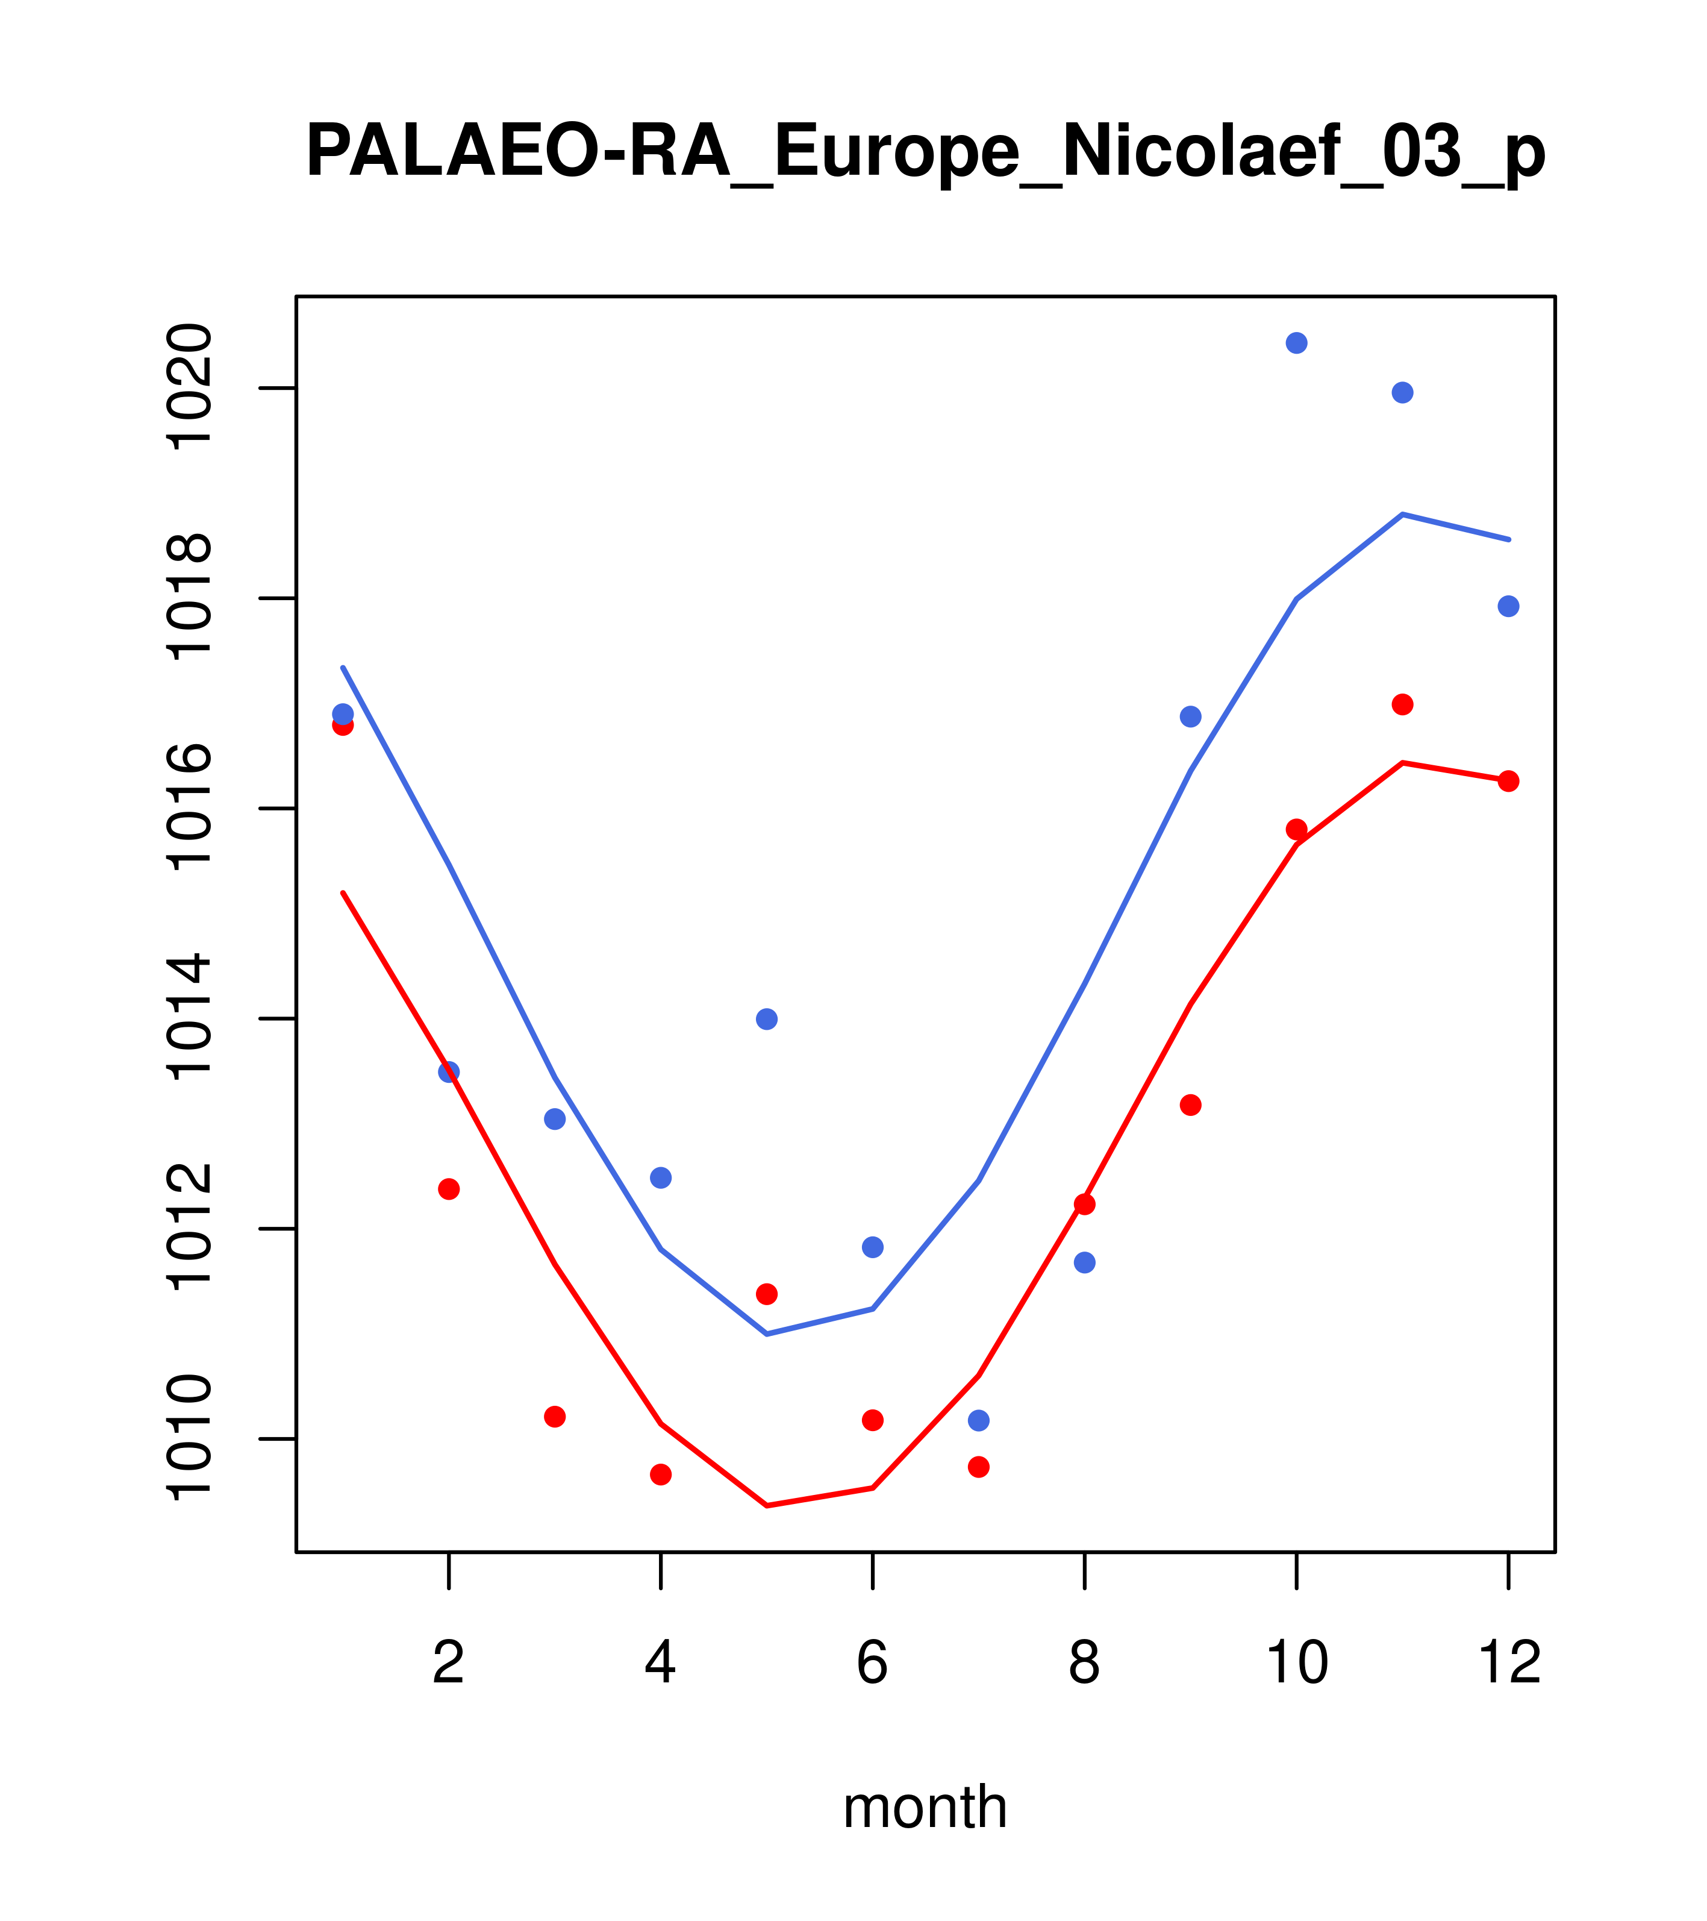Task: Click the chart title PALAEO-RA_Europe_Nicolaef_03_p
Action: [x=925, y=152]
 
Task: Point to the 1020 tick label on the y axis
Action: [x=188, y=387]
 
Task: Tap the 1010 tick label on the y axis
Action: [x=188, y=1439]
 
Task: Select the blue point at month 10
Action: [x=1296, y=343]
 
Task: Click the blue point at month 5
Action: [x=767, y=1019]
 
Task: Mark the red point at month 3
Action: [x=555, y=1416]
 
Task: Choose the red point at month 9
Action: [x=1190, y=1105]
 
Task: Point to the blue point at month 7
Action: [x=979, y=1420]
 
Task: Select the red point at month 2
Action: [x=449, y=1189]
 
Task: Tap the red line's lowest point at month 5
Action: [x=767, y=1506]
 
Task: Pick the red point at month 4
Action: [x=661, y=1474]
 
